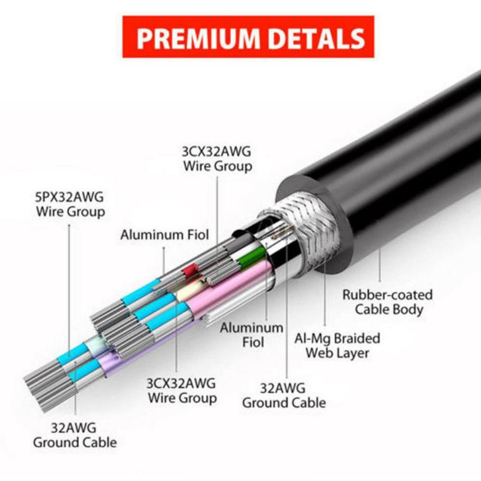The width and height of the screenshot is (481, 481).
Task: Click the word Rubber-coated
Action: tap(387, 295)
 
